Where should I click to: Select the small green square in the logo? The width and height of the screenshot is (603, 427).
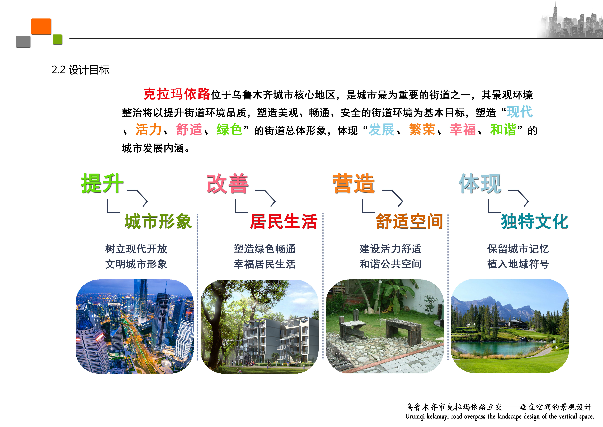point(58,39)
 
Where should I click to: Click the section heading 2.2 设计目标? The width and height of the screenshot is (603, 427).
point(80,70)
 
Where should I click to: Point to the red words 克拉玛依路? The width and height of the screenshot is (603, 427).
point(177,94)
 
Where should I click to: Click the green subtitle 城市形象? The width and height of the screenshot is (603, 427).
point(158,221)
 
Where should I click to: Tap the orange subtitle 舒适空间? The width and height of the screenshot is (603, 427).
point(409,221)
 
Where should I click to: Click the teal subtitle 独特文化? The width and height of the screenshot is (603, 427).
point(535,221)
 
